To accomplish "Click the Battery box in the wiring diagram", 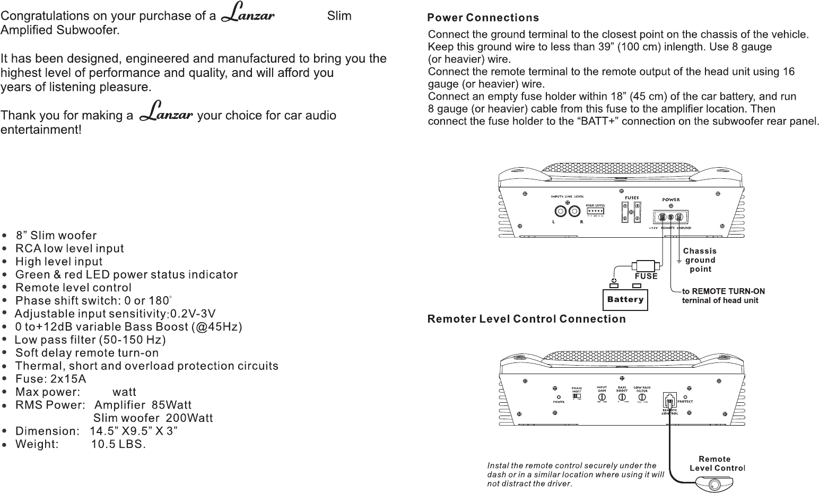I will click(x=625, y=300).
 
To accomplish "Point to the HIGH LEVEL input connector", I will click(x=596, y=211).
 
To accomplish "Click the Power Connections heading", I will click(x=483, y=18).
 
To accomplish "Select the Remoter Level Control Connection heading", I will click(x=527, y=319).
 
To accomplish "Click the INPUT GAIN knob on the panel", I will click(x=603, y=396).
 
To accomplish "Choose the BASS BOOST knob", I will click(x=623, y=396).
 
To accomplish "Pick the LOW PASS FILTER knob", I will click(x=642, y=396).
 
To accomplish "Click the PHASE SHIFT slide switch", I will click(x=577, y=396).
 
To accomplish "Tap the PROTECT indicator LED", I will click(x=686, y=396).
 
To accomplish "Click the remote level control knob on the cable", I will click(x=714, y=485).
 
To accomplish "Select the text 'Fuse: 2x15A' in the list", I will click(x=51, y=379).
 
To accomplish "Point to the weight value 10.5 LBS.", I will click(x=118, y=444).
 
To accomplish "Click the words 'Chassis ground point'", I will click(x=700, y=260).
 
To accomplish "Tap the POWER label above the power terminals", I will click(x=670, y=200).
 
